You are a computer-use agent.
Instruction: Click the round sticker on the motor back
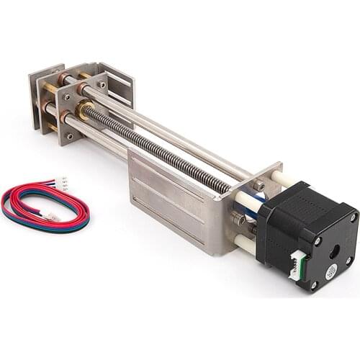[332, 271]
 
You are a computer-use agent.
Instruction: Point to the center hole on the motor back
[335, 252]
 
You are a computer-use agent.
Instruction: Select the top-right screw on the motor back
[353, 217]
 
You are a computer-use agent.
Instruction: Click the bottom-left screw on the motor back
[314, 284]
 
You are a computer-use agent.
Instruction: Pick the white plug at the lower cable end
[52, 216]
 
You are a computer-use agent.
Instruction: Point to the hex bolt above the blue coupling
[258, 186]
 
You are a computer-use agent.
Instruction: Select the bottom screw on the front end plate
[71, 135]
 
